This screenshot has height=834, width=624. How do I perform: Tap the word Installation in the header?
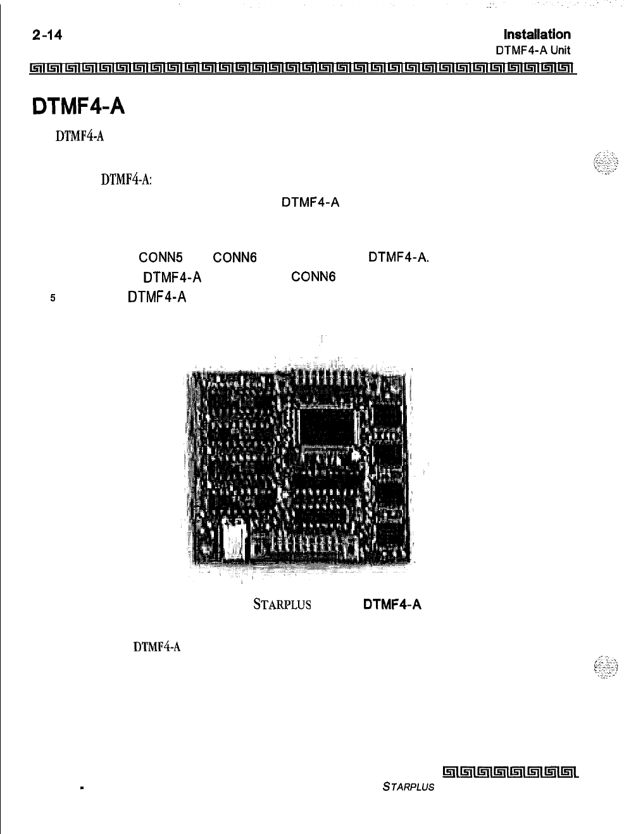click(537, 34)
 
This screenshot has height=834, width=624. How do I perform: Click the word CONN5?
click(160, 257)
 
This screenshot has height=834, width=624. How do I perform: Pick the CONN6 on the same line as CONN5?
click(235, 257)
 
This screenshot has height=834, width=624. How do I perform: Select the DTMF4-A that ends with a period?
click(399, 257)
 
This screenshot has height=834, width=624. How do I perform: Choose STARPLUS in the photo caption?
click(282, 604)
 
